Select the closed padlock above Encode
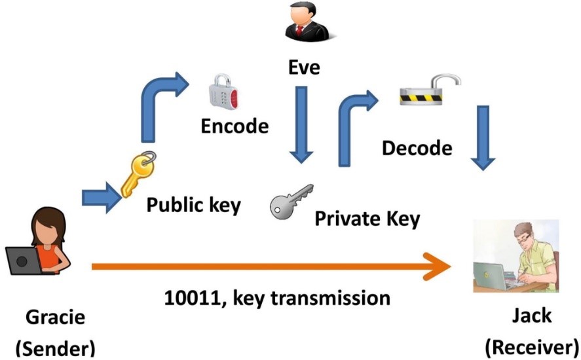[223, 92]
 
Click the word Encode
[234, 126]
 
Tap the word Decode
[417, 148]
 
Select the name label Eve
[303, 67]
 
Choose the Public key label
[193, 205]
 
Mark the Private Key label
[367, 219]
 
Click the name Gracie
[55, 319]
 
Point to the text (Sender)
[55, 348]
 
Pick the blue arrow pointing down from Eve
[301, 124]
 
